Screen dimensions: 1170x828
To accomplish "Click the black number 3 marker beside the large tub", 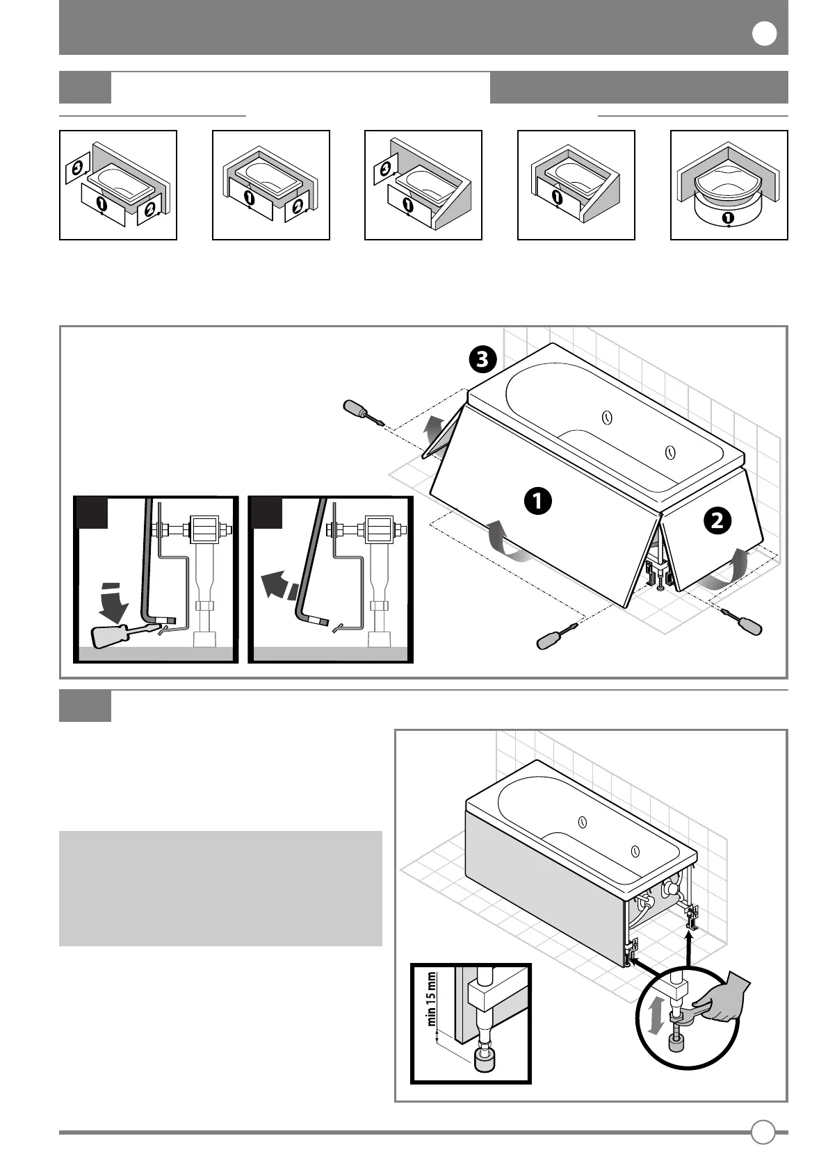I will [x=482, y=359].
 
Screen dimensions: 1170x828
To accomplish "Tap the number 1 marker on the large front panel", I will [x=537, y=501].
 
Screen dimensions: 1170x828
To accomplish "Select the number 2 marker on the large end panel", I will [x=717, y=520].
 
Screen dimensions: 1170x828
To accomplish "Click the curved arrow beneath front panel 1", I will [x=505, y=543].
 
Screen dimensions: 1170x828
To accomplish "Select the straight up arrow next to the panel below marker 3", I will [x=434, y=425].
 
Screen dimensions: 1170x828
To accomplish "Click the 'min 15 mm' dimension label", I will [x=432, y=998].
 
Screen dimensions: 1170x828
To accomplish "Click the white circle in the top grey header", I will [x=764, y=34].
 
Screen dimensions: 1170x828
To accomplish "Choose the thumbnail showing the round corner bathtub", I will [x=729, y=185].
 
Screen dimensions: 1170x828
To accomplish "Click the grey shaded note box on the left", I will [x=220, y=888].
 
